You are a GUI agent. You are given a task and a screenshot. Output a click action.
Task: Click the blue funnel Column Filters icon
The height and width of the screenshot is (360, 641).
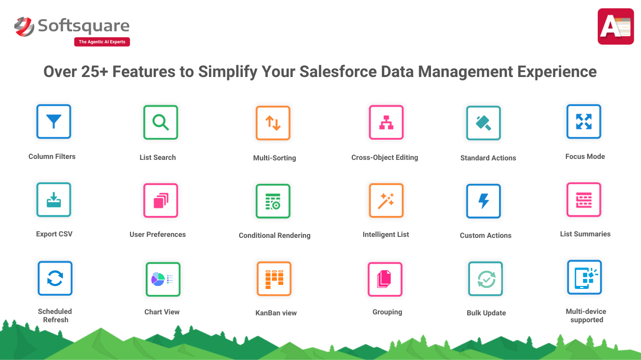54,122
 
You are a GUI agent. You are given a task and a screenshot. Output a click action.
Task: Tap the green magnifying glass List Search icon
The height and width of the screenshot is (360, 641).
160,123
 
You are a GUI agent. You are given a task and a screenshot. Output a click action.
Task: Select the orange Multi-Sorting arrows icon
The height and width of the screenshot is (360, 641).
273,123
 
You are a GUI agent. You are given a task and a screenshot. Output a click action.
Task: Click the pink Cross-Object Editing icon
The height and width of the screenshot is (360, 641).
386,123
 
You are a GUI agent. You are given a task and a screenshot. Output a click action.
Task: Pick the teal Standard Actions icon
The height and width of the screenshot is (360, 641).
483,123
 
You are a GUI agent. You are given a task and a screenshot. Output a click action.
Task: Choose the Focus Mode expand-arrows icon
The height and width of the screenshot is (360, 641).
584,122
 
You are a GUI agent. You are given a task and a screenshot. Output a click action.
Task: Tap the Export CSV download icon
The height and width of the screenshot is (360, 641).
54,200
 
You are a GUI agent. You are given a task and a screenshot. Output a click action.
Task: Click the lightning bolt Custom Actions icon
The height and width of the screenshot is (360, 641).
483,201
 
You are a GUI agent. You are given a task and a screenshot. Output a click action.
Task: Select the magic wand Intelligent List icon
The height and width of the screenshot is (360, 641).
386,201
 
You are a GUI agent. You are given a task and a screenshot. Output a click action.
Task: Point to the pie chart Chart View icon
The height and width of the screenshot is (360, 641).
163,279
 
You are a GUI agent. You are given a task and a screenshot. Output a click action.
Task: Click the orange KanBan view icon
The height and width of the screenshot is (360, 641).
274,279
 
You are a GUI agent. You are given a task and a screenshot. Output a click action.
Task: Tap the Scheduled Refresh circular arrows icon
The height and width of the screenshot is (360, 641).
55,278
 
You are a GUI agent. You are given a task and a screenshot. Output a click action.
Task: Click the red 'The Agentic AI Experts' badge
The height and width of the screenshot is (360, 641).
102,42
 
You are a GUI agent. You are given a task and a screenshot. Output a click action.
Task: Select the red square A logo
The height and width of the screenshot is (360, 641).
615,26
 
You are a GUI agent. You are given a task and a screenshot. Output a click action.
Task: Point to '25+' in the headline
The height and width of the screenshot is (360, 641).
94,72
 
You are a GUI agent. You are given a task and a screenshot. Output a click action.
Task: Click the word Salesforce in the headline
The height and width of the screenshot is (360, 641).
338,72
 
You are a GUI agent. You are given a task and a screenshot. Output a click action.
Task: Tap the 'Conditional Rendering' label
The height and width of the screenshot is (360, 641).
274,235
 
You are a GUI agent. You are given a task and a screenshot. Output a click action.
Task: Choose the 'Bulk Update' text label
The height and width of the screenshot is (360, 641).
486,313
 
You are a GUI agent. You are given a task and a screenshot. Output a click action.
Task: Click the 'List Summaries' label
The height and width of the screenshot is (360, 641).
585,234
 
